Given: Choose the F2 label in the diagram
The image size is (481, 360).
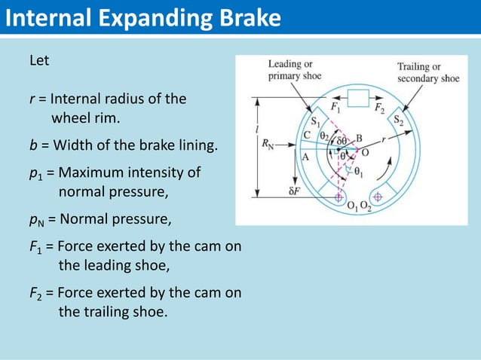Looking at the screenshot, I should (382, 107).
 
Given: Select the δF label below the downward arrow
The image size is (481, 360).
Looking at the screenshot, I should (296, 191).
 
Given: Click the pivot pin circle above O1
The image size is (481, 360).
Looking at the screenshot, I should (338, 197).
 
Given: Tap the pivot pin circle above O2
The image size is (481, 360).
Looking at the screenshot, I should (378, 197).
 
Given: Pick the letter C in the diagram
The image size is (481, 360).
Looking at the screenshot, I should (306, 136).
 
